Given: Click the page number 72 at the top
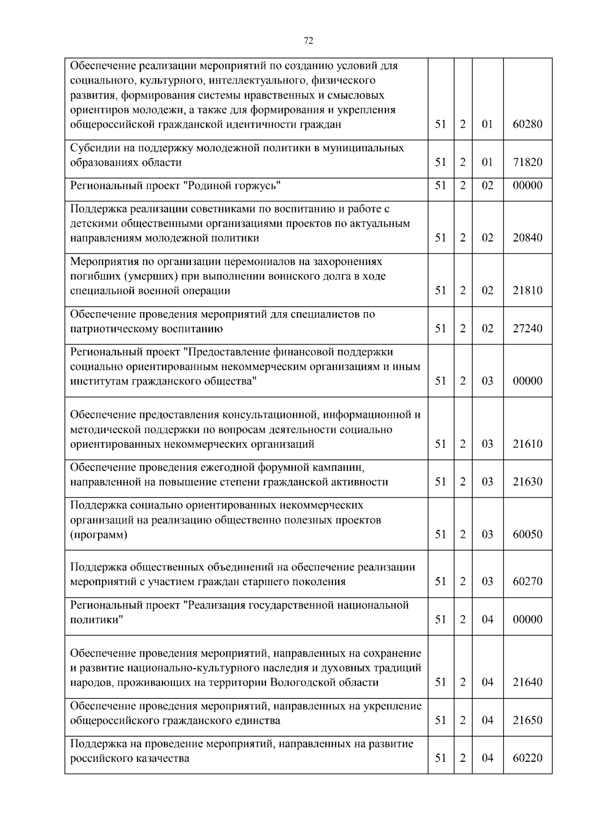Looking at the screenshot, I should pos(308,41).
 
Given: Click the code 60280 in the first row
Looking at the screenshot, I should pos(528,124).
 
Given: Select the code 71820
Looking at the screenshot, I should pos(528,162).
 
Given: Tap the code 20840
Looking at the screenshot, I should pos(528,238).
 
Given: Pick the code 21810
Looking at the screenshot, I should pos(528,291).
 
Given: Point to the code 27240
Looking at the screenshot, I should pos(528,328).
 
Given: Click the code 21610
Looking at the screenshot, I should pos(528,444).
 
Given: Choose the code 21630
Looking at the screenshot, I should pos(528,482).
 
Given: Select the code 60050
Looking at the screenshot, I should pos(528,535).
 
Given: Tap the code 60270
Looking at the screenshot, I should pos(528,582).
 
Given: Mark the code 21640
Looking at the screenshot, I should pos(528,682).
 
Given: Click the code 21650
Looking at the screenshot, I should pos(528,721).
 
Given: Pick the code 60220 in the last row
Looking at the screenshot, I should pos(528,758).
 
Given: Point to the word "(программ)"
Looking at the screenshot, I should pos(99,535).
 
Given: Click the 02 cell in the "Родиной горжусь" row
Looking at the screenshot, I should pos(487,186).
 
